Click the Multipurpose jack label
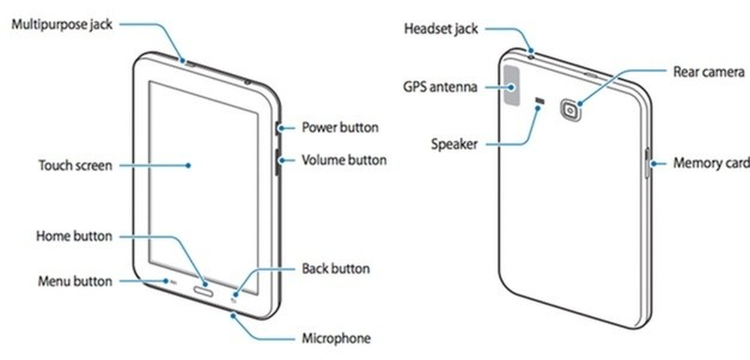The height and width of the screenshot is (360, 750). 62,25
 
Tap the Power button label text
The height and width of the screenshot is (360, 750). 340,127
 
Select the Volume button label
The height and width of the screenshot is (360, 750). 344,160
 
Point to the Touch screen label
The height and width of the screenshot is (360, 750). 76,166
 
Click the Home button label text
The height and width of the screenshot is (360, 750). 74,236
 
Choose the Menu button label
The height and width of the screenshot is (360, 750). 75,281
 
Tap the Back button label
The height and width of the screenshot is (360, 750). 336,269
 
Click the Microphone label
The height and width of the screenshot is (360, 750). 336,338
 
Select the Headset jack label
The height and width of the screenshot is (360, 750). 441,29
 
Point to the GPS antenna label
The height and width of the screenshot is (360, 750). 440,87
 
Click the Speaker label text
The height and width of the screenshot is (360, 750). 454,144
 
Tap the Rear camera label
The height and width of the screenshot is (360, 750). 709,72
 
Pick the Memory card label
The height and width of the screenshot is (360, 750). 711,163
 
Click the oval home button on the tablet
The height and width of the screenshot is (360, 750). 203,292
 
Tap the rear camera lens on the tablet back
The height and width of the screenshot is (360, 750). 570,110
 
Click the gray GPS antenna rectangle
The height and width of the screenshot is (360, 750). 512,86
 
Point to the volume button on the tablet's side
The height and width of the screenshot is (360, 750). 277,162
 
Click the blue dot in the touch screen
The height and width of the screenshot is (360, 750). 189,166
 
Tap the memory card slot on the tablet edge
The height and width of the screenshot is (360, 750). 647,162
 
